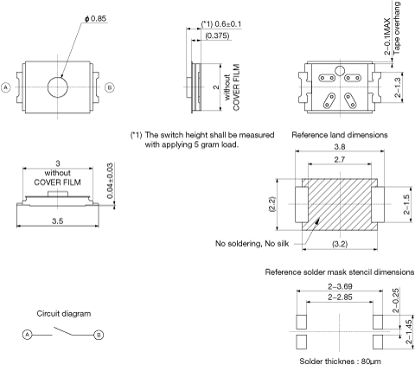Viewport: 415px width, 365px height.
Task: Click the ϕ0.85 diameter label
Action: (x=95, y=18)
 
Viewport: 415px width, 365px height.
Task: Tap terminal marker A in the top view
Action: (x=6, y=87)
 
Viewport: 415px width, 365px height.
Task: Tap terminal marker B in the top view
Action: (x=110, y=87)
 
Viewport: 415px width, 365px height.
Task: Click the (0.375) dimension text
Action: (x=218, y=35)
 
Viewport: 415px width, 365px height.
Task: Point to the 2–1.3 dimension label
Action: (x=398, y=87)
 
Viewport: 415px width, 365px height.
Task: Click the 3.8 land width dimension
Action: (x=340, y=147)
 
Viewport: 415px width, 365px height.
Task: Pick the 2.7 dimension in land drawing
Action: (x=340, y=159)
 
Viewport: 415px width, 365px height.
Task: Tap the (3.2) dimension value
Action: (x=340, y=244)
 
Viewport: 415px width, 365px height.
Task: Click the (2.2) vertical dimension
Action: (x=272, y=204)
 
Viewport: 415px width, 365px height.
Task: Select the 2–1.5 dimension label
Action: (x=406, y=204)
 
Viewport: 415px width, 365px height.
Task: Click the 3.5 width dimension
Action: (x=58, y=221)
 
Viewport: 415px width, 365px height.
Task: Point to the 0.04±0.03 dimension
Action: (x=110, y=181)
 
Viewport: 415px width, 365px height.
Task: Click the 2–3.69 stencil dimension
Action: (x=340, y=286)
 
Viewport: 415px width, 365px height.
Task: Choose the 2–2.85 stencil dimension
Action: (x=340, y=297)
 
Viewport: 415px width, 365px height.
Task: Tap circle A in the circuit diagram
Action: (x=27, y=335)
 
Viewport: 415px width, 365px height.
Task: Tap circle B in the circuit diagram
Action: (x=99, y=335)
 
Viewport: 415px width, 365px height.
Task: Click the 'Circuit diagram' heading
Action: (x=64, y=314)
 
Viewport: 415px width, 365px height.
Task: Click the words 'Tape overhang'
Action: (x=397, y=28)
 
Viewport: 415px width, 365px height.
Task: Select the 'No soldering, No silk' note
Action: (x=252, y=244)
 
